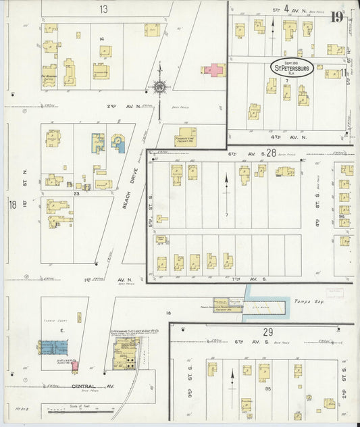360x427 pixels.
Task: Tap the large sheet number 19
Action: tap(336, 17)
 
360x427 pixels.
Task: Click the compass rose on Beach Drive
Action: tap(159, 86)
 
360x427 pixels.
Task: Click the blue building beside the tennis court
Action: tap(53, 347)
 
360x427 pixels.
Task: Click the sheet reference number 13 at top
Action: tap(103, 9)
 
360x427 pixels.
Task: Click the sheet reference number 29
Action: tap(267, 332)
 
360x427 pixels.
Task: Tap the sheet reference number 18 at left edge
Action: tap(12, 204)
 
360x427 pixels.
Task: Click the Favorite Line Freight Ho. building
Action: tap(186, 136)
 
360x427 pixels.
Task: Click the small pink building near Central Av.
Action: tap(75, 366)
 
